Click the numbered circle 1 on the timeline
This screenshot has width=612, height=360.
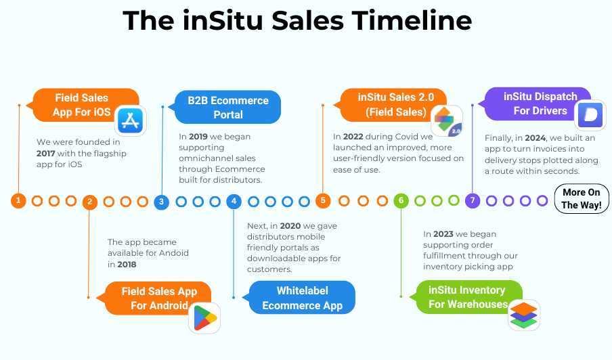[19, 200]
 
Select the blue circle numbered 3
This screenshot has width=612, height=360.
[161, 202]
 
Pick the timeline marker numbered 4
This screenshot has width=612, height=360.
[234, 201]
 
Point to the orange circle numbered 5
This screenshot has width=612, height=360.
[323, 200]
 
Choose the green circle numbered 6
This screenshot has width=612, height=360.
[401, 200]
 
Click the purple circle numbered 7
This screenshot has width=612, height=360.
[473, 200]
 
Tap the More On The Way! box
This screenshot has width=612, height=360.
[581, 199]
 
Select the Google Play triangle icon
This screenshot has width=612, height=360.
[204, 317]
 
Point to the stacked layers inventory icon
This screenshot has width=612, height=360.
[523, 315]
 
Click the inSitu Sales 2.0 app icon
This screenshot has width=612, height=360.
[446, 120]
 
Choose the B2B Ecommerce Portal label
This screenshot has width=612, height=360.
[228, 108]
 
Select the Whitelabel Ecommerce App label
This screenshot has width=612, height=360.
[302, 298]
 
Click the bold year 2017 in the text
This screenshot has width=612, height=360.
[46, 154]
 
